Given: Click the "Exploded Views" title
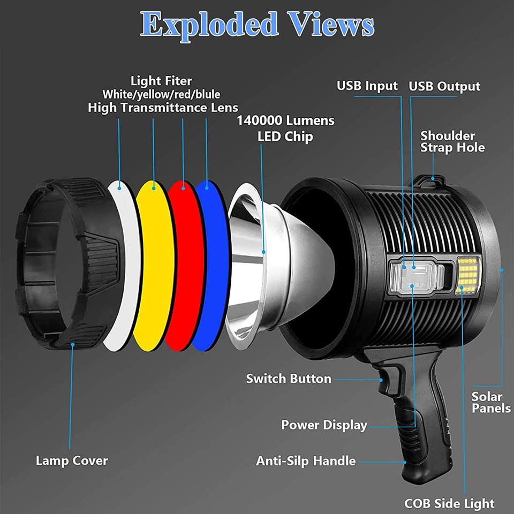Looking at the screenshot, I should [257, 24].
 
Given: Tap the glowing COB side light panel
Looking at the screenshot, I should [468, 274].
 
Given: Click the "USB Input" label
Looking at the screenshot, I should [367, 86].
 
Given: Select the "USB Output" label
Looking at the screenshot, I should [444, 86].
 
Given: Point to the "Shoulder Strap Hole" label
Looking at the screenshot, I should [452, 141].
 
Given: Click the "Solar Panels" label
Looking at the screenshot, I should [491, 402].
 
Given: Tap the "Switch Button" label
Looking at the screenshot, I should [289, 379].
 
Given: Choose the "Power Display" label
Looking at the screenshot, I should [324, 425].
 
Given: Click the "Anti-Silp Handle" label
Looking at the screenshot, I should [306, 460].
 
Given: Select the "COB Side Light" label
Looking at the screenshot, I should [449, 503].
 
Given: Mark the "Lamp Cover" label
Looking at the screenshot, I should [72, 460].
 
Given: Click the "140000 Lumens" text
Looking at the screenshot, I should [285, 120].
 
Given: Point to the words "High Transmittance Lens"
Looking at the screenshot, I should [163, 107].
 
